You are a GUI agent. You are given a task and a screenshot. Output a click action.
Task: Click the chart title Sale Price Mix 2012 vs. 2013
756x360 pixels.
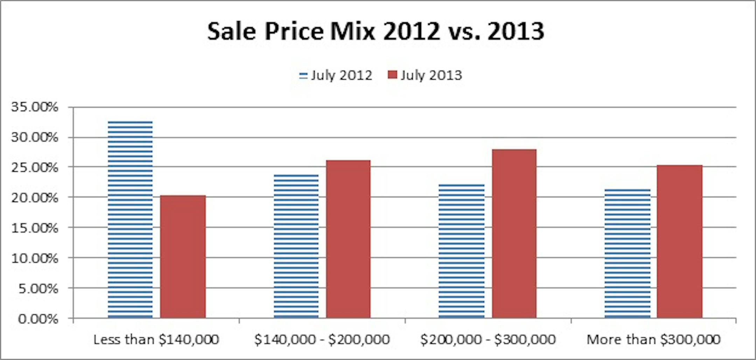click(x=376, y=32)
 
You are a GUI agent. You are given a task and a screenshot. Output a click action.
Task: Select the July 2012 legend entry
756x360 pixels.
click(x=336, y=75)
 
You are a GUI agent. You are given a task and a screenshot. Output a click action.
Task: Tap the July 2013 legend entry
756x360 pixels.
click(x=425, y=75)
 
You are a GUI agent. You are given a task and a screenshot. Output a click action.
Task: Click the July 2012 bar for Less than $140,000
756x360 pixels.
click(x=130, y=220)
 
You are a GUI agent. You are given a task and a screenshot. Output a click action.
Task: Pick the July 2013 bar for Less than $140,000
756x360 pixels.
click(x=183, y=257)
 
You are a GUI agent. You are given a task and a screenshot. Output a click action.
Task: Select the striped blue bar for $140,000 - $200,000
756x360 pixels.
click(x=296, y=246)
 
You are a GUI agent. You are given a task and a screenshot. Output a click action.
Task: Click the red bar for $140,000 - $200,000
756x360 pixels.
click(x=348, y=239)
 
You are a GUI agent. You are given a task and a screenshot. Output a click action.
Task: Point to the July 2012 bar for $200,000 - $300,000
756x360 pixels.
click(x=462, y=251)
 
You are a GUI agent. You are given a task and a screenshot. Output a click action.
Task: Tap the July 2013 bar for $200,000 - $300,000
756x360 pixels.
click(x=514, y=234)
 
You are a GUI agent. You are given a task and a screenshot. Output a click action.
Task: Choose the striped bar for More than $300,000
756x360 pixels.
click(x=628, y=254)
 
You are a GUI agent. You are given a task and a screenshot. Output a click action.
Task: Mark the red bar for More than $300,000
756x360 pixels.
click(x=680, y=242)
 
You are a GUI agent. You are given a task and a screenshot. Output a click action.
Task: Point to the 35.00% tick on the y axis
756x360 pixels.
click(x=35, y=107)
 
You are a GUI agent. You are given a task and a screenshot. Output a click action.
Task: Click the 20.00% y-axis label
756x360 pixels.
click(x=35, y=198)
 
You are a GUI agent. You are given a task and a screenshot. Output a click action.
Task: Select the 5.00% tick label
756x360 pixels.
click(x=38, y=289)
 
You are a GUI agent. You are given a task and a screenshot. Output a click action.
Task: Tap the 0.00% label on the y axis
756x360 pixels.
click(x=38, y=319)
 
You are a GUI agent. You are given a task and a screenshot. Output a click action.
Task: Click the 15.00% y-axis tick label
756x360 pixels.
click(x=35, y=228)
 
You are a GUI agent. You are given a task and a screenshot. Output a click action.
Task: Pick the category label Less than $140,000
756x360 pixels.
click(x=156, y=339)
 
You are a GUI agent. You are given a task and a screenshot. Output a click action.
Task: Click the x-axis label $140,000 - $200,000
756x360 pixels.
click(x=322, y=339)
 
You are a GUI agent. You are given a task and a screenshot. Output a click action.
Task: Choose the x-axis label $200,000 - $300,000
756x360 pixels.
click(x=488, y=339)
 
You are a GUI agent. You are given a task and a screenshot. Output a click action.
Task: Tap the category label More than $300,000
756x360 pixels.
click(x=653, y=339)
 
